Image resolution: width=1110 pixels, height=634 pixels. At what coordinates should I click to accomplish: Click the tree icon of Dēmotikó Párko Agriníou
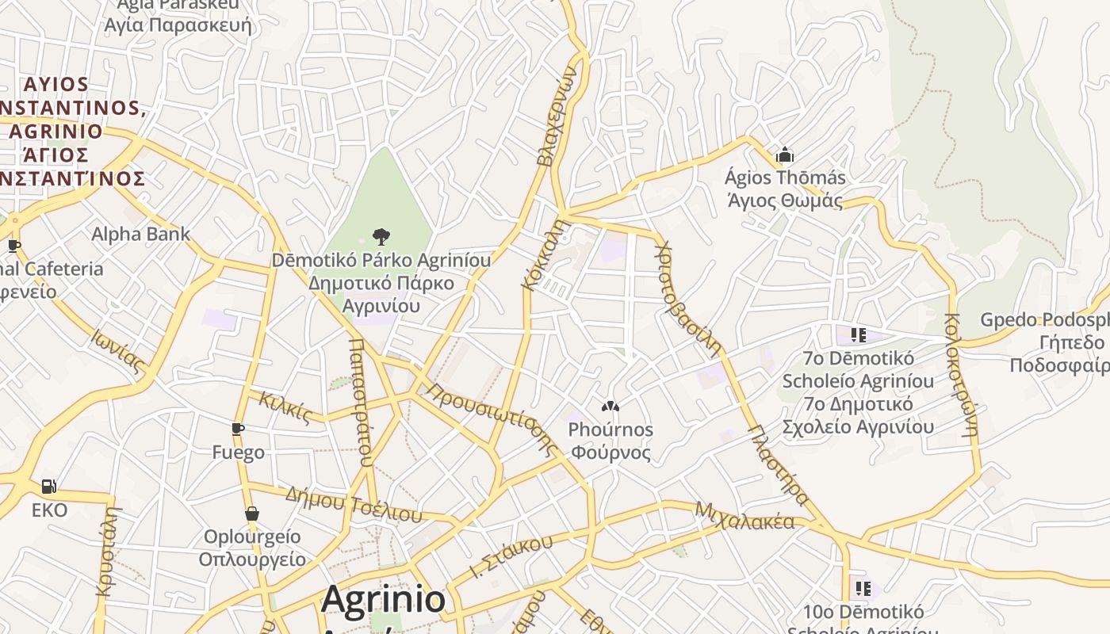pos(381,236)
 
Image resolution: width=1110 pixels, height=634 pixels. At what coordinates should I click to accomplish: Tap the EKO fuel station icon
pos(49,486)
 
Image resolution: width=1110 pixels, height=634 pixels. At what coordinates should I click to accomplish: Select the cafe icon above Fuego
pos(238,429)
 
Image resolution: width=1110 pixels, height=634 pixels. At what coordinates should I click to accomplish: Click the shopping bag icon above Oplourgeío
pos(252,514)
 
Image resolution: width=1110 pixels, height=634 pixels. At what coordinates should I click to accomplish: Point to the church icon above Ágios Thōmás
pos(785,155)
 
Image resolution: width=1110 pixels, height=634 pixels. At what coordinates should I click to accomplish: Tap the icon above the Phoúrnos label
pos(610,407)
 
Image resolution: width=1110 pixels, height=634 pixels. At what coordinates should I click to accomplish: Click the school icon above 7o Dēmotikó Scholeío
pos(858,335)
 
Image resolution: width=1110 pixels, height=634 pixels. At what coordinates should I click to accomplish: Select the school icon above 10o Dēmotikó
pos(863,589)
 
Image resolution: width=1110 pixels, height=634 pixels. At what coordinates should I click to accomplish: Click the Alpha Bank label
pos(140,234)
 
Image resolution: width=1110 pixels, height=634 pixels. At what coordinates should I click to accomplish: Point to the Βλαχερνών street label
pos(555,115)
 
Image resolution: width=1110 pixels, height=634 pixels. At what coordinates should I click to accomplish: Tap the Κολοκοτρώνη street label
pos(960,376)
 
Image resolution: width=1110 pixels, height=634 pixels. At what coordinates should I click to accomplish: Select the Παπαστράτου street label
pos(360,403)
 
